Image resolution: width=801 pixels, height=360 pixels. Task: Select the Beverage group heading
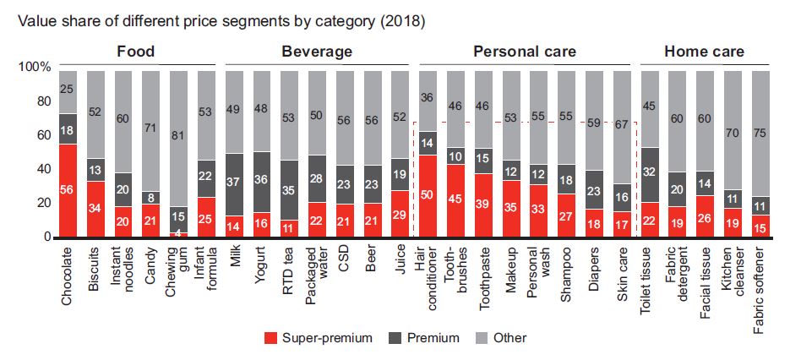pos(317,52)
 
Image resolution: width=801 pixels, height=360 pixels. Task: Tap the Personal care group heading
pos(524,52)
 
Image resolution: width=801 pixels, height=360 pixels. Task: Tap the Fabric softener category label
pos(760,283)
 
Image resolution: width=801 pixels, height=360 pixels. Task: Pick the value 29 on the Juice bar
pos(399,214)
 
